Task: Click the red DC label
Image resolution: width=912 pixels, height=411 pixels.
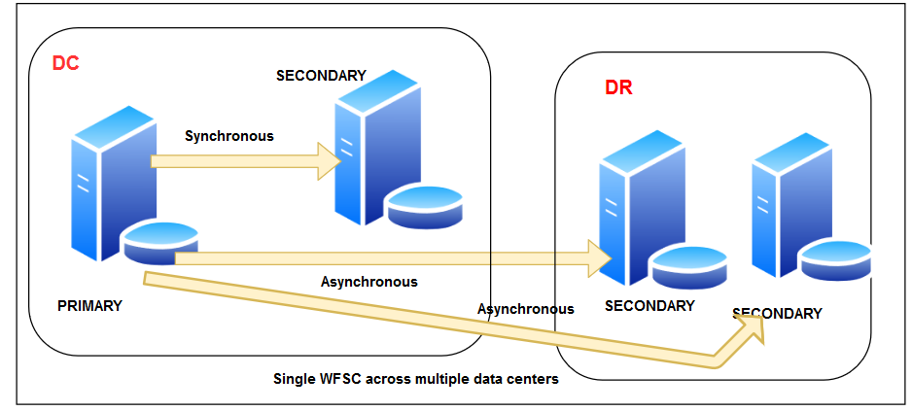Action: coord(65,63)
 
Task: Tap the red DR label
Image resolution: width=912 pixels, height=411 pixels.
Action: coord(618,87)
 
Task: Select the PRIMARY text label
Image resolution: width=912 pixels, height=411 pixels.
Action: coord(89,305)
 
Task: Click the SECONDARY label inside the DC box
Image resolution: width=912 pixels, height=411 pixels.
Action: coord(321,75)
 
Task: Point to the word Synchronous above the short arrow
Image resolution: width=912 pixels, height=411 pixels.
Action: coord(229,136)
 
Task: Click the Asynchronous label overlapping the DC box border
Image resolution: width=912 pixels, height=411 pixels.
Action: coord(525,309)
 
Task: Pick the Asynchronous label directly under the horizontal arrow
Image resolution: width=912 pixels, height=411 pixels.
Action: coord(368,282)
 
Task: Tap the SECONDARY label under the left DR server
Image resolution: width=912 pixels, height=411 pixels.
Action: coord(649,306)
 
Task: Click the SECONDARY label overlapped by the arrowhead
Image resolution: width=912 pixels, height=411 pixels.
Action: coord(777,313)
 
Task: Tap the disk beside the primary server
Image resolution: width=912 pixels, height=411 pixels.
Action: coord(160,242)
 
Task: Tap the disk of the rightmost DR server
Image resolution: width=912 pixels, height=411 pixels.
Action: coord(836,259)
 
